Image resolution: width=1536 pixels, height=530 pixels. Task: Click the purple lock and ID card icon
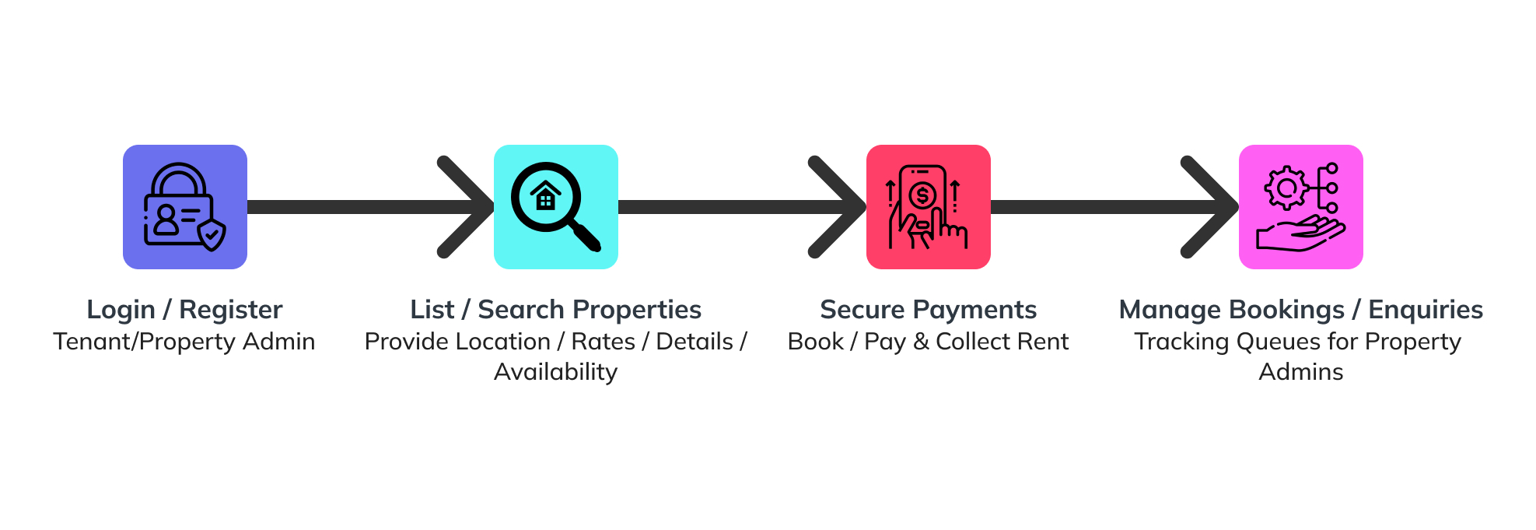click(185, 207)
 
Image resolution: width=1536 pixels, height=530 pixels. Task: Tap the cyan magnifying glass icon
click(556, 207)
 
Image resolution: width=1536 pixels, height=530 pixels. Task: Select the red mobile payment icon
click(929, 207)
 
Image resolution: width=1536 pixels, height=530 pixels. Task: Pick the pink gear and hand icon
click(1301, 207)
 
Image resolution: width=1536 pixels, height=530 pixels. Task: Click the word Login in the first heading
click(121, 311)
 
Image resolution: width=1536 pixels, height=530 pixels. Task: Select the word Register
click(231, 311)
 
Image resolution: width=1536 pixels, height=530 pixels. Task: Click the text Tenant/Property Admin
click(184, 342)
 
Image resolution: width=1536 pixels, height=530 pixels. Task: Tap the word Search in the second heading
click(520, 310)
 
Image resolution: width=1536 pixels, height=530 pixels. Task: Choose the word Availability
click(556, 372)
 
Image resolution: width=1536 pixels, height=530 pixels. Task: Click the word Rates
click(604, 342)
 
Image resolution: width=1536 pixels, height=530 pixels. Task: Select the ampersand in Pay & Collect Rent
click(921, 342)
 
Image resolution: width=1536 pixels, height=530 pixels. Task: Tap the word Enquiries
click(1426, 311)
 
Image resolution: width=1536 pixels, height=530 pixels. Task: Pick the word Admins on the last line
click(1301, 372)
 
